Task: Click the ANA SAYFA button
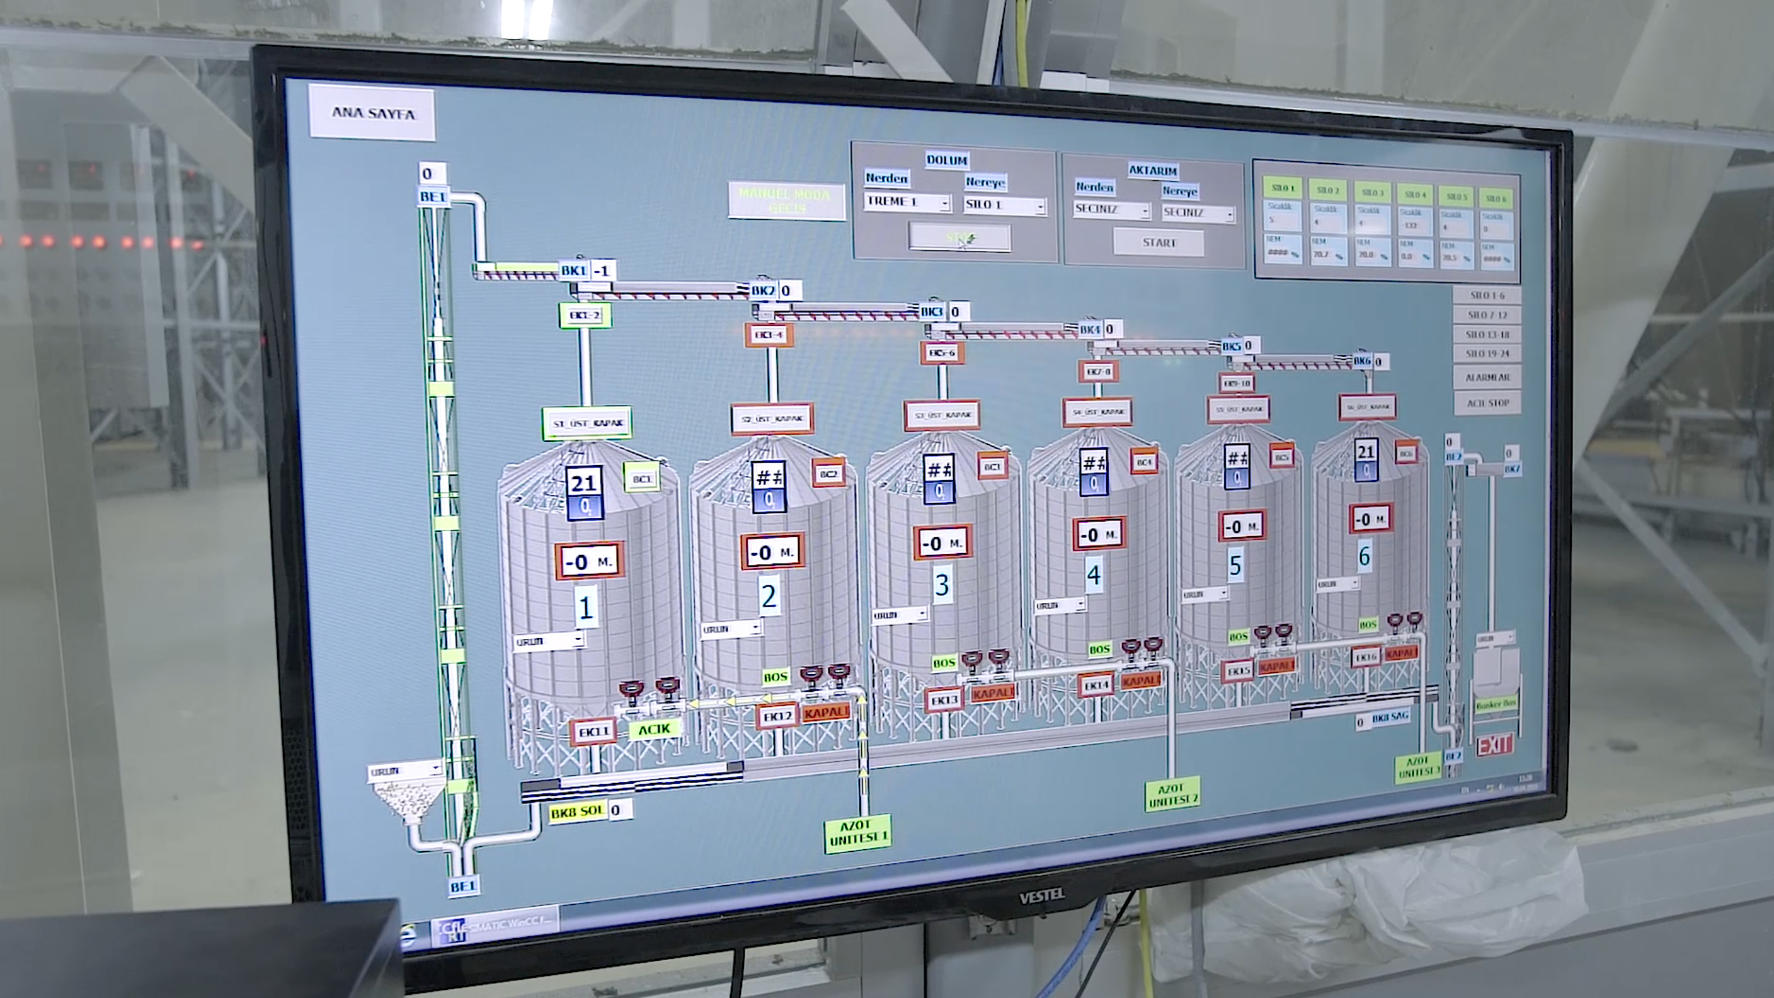(x=372, y=113)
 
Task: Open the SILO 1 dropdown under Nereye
(x=1005, y=205)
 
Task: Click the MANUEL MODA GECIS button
(x=786, y=200)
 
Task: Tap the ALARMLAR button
(x=1487, y=377)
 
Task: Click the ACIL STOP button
(x=1487, y=403)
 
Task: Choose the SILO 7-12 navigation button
(x=1487, y=315)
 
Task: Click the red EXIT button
(x=1494, y=745)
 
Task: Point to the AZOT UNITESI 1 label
(x=857, y=833)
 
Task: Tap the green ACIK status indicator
(x=653, y=730)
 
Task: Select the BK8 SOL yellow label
(x=577, y=812)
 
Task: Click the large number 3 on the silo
(x=942, y=585)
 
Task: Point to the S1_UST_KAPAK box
(x=587, y=423)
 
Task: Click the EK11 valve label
(x=593, y=731)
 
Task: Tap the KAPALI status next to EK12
(x=826, y=713)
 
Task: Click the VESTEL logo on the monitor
(x=1041, y=896)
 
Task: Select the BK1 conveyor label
(x=574, y=270)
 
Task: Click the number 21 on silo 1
(x=584, y=483)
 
